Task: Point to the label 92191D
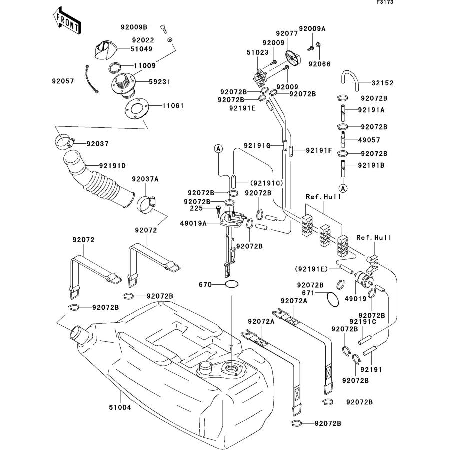click(x=112, y=165)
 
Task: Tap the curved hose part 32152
click(x=349, y=78)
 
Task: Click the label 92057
click(x=63, y=80)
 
